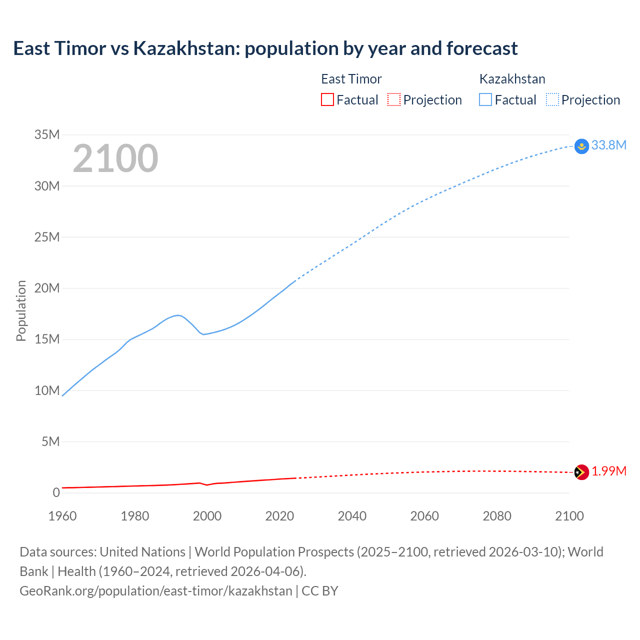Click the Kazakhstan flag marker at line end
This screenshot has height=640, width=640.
(x=581, y=146)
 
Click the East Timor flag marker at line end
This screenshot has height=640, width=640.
(x=581, y=472)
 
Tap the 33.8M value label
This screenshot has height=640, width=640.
(x=608, y=145)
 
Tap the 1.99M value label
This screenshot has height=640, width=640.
(x=609, y=471)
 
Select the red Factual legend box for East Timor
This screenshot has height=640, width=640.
(x=327, y=99)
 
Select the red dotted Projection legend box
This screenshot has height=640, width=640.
(x=394, y=99)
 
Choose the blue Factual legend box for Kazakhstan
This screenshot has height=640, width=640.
(x=485, y=99)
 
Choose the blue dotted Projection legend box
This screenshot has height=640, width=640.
(x=552, y=99)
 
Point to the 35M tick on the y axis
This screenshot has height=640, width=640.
(x=47, y=134)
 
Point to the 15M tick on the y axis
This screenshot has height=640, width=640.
(x=47, y=339)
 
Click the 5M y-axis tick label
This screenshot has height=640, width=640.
(x=50, y=441)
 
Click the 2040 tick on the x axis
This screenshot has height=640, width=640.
(x=352, y=516)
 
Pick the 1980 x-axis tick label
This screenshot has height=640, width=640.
(x=135, y=516)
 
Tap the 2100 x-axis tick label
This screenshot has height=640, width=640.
(x=569, y=516)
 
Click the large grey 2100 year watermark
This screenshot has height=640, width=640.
(x=115, y=158)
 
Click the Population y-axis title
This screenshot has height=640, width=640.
(x=21, y=310)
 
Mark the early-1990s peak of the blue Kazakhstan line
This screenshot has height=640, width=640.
(x=178, y=315)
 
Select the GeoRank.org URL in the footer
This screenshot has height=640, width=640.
(x=155, y=590)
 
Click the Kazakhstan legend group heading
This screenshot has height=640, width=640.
(x=512, y=79)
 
